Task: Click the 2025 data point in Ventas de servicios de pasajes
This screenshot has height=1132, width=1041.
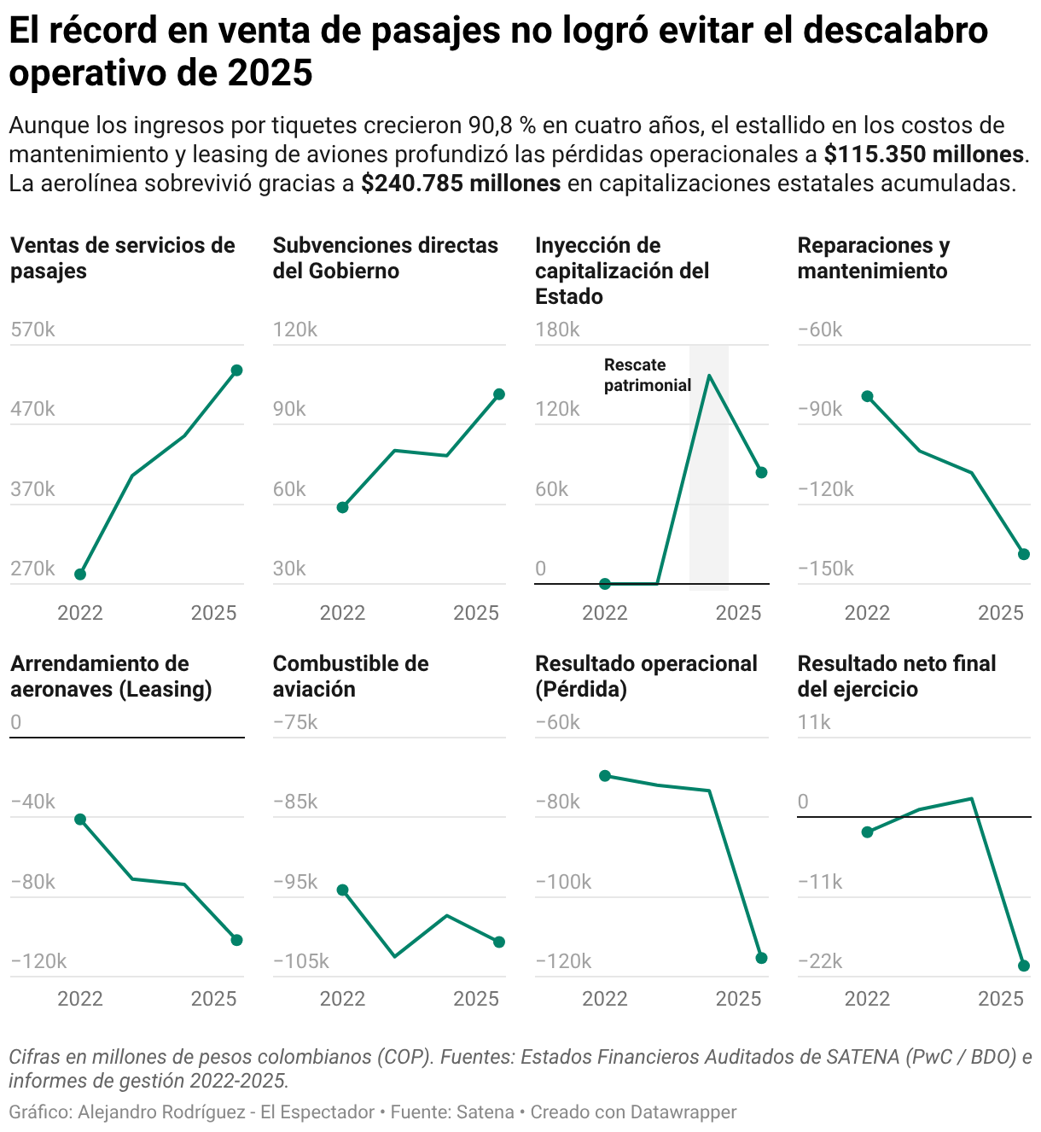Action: click(237, 371)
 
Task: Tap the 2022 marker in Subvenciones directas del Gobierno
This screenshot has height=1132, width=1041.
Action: click(342, 507)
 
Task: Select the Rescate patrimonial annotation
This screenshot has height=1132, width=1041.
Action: click(647, 375)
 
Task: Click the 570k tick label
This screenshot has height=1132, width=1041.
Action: click(32, 330)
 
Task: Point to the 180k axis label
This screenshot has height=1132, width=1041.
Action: click(557, 330)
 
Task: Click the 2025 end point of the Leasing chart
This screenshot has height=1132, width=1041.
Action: click(237, 940)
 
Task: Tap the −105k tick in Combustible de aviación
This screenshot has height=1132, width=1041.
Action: click(300, 960)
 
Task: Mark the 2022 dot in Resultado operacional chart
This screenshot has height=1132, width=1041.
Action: click(605, 775)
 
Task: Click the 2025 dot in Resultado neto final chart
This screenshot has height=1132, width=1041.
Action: click(1024, 966)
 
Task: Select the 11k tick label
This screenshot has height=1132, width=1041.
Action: click(814, 721)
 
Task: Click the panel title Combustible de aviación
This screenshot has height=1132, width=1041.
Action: click(351, 676)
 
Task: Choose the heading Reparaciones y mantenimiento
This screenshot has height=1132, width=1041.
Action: click(874, 258)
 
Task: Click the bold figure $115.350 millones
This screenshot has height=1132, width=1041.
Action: click(923, 154)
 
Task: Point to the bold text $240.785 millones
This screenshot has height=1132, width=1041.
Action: click(461, 183)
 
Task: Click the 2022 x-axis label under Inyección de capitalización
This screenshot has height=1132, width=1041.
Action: click(605, 612)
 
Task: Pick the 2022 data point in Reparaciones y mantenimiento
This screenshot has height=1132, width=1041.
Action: click(867, 396)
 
